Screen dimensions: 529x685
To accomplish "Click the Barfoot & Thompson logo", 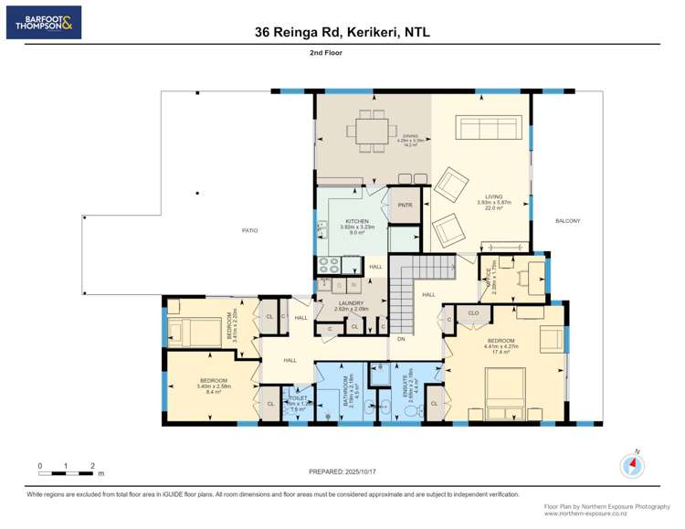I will pyautogui.click(x=43, y=22).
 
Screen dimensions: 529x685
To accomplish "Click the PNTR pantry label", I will pyautogui.click(x=405, y=205).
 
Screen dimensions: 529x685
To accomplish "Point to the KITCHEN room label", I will pyautogui.click(x=356, y=222).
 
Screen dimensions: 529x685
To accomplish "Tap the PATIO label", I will pyautogui.click(x=248, y=230).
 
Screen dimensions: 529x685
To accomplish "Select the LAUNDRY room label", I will pyautogui.click(x=350, y=303).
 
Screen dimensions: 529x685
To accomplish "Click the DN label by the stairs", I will pyautogui.click(x=400, y=339).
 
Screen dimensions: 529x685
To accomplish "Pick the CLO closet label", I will pyautogui.click(x=473, y=312).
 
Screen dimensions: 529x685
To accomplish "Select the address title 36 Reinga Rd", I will pyautogui.click(x=342, y=32).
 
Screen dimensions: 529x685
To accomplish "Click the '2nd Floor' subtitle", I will pyautogui.click(x=342, y=54).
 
